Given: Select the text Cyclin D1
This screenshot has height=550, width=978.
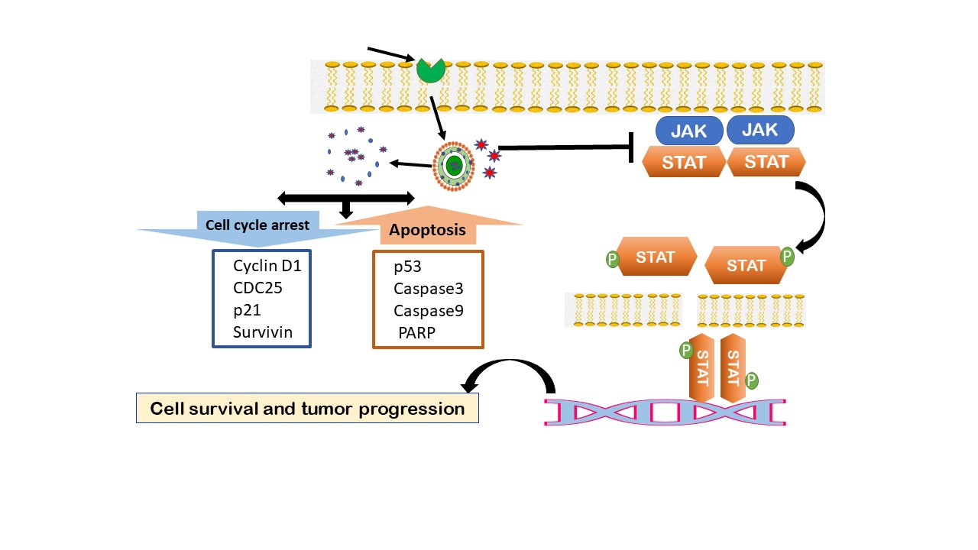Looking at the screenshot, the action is [x=267, y=265].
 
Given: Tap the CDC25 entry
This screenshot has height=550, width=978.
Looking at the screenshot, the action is [x=257, y=288].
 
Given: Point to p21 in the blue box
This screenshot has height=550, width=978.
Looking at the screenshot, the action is [x=247, y=310].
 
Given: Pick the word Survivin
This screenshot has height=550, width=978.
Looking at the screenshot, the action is [x=262, y=332].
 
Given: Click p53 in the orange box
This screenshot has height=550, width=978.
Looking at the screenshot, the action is [x=407, y=267].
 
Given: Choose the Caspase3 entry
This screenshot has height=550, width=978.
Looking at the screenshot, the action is [x=429, y=289].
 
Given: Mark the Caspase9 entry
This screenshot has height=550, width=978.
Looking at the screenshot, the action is [x=429, y=311].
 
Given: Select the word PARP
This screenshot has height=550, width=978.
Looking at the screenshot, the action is [x=417, y=333].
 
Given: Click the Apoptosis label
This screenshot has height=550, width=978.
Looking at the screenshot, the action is [x=427, y=230].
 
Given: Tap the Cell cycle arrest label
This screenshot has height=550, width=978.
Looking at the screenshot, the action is [x=257, y=225].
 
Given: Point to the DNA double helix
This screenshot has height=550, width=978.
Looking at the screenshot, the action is [x=665, y=412].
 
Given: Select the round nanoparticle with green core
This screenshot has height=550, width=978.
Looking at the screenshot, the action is [x=454, y=166].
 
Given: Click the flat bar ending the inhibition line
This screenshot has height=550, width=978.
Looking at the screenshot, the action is [x=631, y=147].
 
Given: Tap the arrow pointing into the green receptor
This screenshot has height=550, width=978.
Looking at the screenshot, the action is [x=391, y=54].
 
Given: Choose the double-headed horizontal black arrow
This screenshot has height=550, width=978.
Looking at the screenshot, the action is [x=346, y=198].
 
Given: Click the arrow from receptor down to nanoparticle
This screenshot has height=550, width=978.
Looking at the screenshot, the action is [x=438, y=118].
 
